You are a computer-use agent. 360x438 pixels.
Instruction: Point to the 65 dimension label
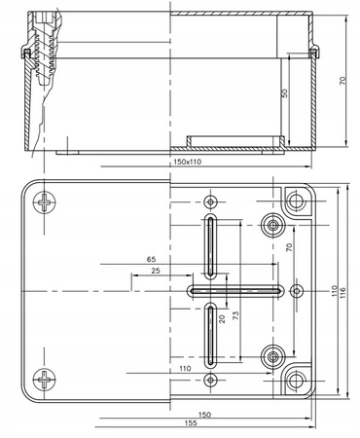152,260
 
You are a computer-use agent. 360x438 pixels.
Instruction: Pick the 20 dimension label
222,318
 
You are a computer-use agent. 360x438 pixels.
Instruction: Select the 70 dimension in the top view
288,248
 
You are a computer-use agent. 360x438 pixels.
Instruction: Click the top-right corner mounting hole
296,201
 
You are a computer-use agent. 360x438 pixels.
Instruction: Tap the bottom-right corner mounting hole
296,379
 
